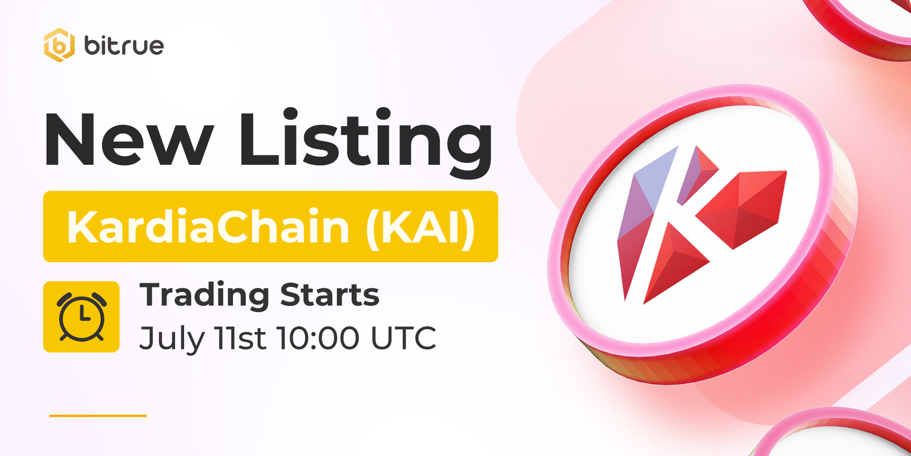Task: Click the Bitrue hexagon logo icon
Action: coord(59,45)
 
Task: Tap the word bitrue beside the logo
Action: coord(124,45)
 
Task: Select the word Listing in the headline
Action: coord(366,142)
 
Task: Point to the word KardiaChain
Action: coord(208,227)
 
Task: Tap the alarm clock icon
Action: coord(82,316)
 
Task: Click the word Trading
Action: coord(205,296)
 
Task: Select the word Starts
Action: coord(330,295)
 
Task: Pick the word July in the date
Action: coord(172,339)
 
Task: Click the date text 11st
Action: coord(240,338)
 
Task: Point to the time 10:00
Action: coord(318,338)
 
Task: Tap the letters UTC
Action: coord(403,338)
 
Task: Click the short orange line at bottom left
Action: coord(98,416)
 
